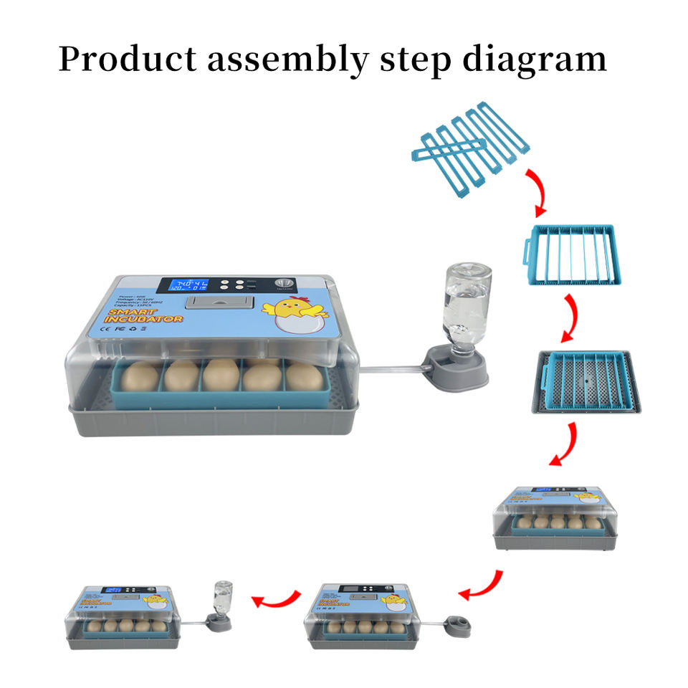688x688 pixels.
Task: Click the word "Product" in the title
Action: point(125,59)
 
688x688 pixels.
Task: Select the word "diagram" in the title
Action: point(534,59)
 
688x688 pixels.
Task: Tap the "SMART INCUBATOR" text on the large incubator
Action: point(144,316)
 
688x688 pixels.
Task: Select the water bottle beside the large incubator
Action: point(462,302)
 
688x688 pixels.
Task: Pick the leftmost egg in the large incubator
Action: point(139,375)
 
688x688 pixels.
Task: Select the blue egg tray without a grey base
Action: point(570,254)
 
